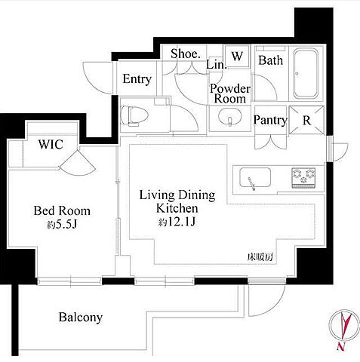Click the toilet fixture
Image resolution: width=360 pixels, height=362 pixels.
[x=134, y=116]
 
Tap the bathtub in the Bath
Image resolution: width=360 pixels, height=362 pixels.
[x=306, y=73]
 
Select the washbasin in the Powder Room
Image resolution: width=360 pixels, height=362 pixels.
[x=229, y=117]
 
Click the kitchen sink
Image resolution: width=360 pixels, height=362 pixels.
[x=255, y=178]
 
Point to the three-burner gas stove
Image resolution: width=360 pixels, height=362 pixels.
[x=303, y=178]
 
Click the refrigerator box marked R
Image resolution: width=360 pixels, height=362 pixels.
[x=306, y=120]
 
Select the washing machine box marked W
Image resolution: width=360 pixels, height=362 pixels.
[x=237, y=57]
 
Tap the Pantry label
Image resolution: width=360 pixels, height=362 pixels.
[x=270, y=121]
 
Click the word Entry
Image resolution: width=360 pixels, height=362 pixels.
[x=137, y=79]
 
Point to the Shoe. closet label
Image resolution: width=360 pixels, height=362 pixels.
[x=186, y=54]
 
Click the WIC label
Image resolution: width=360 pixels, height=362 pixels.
[x=51, y=144]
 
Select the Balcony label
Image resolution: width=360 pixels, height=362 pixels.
[x=81, y=318]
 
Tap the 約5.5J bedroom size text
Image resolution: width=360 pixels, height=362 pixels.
[x=62, y=225]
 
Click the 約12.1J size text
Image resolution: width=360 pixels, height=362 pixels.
[x=177, y=222]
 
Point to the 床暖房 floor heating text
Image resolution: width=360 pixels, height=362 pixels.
[x=260, y=257]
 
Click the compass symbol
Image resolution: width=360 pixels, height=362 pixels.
[x=344, y=326]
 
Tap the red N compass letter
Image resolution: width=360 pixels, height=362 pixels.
[x=341, y=346]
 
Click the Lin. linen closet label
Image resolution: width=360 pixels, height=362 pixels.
[x=217, y=64]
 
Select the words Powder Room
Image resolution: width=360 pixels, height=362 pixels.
[x=230, y=94]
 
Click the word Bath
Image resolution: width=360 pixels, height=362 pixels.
[x=271, y=60]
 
